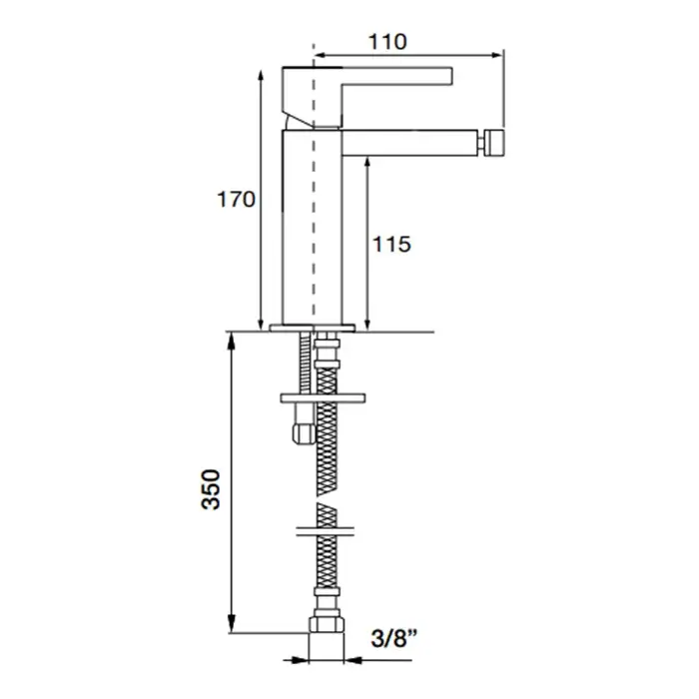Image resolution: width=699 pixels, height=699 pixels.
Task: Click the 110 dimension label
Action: (387, 42)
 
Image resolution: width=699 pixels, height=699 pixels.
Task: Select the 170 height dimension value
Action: (236, 200)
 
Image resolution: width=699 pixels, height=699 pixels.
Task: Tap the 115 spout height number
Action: (391, 245)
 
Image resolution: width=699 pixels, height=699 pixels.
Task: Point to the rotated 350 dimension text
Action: (211, 489)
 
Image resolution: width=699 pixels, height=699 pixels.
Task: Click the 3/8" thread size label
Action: (394, 638)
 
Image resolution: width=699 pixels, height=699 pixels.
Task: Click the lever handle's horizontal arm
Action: (396, 75)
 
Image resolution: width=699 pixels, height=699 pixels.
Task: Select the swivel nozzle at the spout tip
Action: (491, 143)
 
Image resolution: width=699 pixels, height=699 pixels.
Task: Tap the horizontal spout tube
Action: (409, 143)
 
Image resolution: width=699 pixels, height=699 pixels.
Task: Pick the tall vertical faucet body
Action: (312, 227)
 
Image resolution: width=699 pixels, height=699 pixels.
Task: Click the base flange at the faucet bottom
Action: (313, 329)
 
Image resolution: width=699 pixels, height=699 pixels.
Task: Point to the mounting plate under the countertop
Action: (323, 397)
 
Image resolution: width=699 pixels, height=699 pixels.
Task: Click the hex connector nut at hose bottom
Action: (327, 624)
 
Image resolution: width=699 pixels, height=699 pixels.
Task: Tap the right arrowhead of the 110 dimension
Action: (496, 55)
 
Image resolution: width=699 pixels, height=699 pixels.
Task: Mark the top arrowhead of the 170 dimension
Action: (261, 76)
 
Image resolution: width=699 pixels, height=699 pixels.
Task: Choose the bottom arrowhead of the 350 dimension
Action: (231, 625)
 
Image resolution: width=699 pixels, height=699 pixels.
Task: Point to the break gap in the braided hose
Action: (327, 499)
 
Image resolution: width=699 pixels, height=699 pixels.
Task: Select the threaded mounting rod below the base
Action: (306, 362)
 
